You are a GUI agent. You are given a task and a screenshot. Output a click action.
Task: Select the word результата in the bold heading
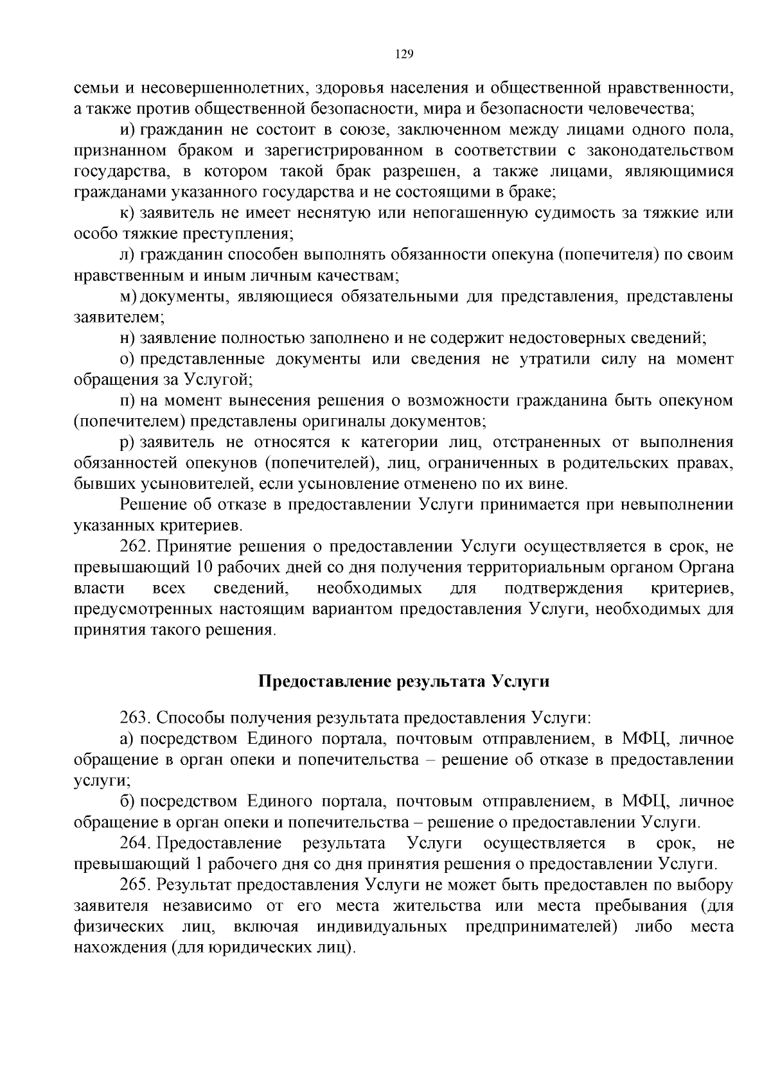pos(438,681)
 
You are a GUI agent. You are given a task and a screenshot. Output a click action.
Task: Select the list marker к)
pos(127,213)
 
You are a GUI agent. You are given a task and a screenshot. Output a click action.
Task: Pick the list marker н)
pos(127,338)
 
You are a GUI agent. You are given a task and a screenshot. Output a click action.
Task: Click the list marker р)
pos(127,442)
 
